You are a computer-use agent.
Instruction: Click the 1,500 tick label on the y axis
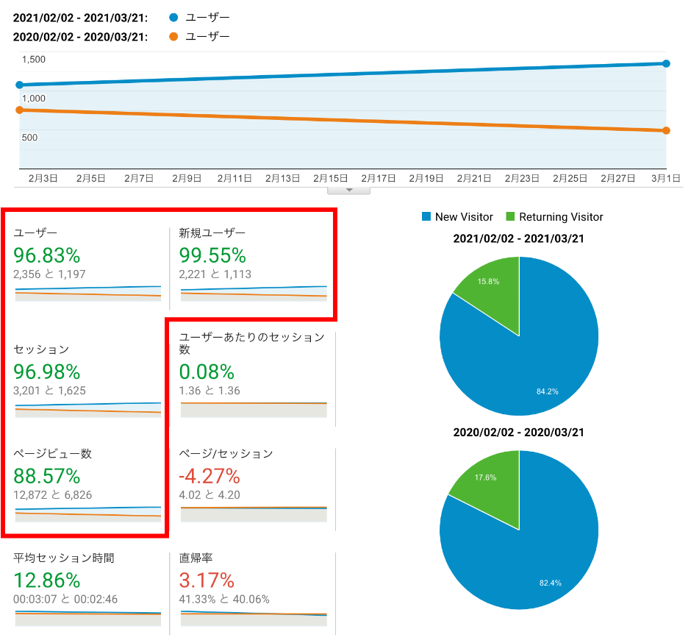34,60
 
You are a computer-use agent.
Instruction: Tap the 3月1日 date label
665,178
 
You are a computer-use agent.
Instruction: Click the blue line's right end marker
666,64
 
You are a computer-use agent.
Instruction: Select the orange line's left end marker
19,110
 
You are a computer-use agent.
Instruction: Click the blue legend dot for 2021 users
173,16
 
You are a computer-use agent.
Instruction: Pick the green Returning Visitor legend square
510,217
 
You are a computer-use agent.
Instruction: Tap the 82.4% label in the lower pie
550,583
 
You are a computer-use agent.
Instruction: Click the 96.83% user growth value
47,255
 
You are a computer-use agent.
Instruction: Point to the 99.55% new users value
212,255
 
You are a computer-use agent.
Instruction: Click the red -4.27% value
210,475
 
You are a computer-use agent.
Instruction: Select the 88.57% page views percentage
47,475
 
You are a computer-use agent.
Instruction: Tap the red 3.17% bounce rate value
207,580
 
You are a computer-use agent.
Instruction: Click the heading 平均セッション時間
64,558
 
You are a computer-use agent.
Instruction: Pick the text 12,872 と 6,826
53,495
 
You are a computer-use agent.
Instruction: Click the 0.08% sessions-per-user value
207,372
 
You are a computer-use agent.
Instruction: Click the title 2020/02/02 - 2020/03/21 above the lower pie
519,433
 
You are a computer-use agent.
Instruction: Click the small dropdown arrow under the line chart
349,190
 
